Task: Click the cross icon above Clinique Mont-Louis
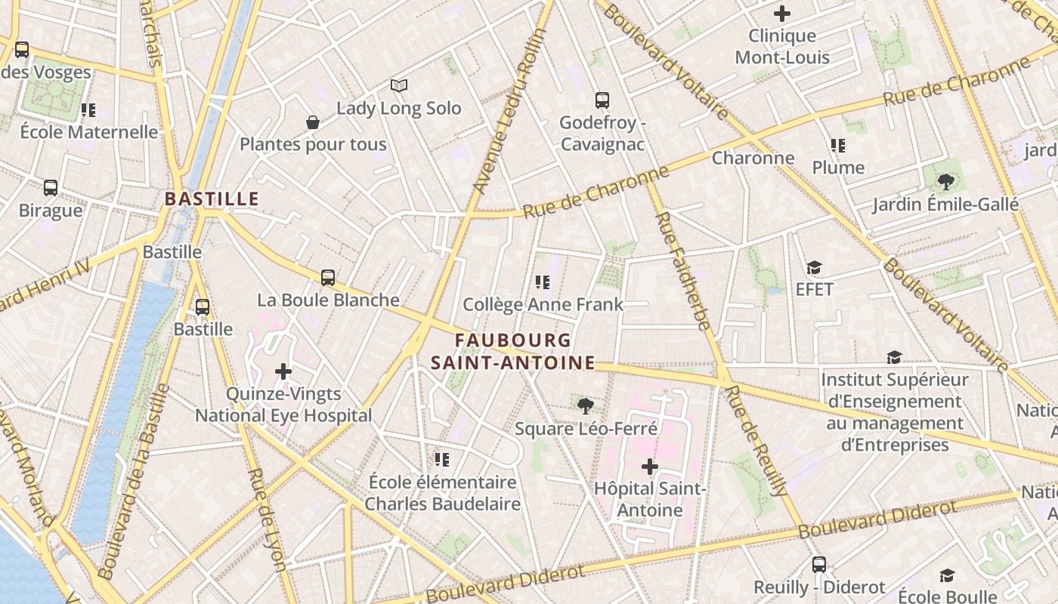pyautogui.click(x=782, y=14)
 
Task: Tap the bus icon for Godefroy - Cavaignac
pyautogui.click(x=602, y=100)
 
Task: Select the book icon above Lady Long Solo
pyautogui.click(x=399, y=86)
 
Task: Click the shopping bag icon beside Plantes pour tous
pyautogui.click(x=312, y=122)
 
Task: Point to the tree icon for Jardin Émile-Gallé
pyautogui.click(x=945, y=182)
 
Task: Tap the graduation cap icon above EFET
pyautogui.click(x=814, y=268)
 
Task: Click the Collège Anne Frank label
pyautogui.click(x=543, y=304)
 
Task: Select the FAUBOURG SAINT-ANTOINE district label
pyautogui.click(x=512, y=352)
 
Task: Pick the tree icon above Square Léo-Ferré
pyautogui.click(x=585, y=406)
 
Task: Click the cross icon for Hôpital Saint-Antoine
pyautogui.click(x=649, y=467)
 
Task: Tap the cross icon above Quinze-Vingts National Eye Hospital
pyautogui.click(x=283, y=371)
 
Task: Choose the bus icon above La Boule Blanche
pyautogui.click(x=327, y=278)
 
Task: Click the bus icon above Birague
pyautogui.click(x=51, y=188)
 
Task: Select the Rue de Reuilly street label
pyautogui.click(x=756, y=441)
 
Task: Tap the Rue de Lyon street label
pyautogui.click(x=267, y=519)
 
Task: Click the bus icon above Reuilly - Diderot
pyautogui.click(x=819, y=565)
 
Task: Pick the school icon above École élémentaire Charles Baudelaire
pyautogui.click(x=442, y=460)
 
